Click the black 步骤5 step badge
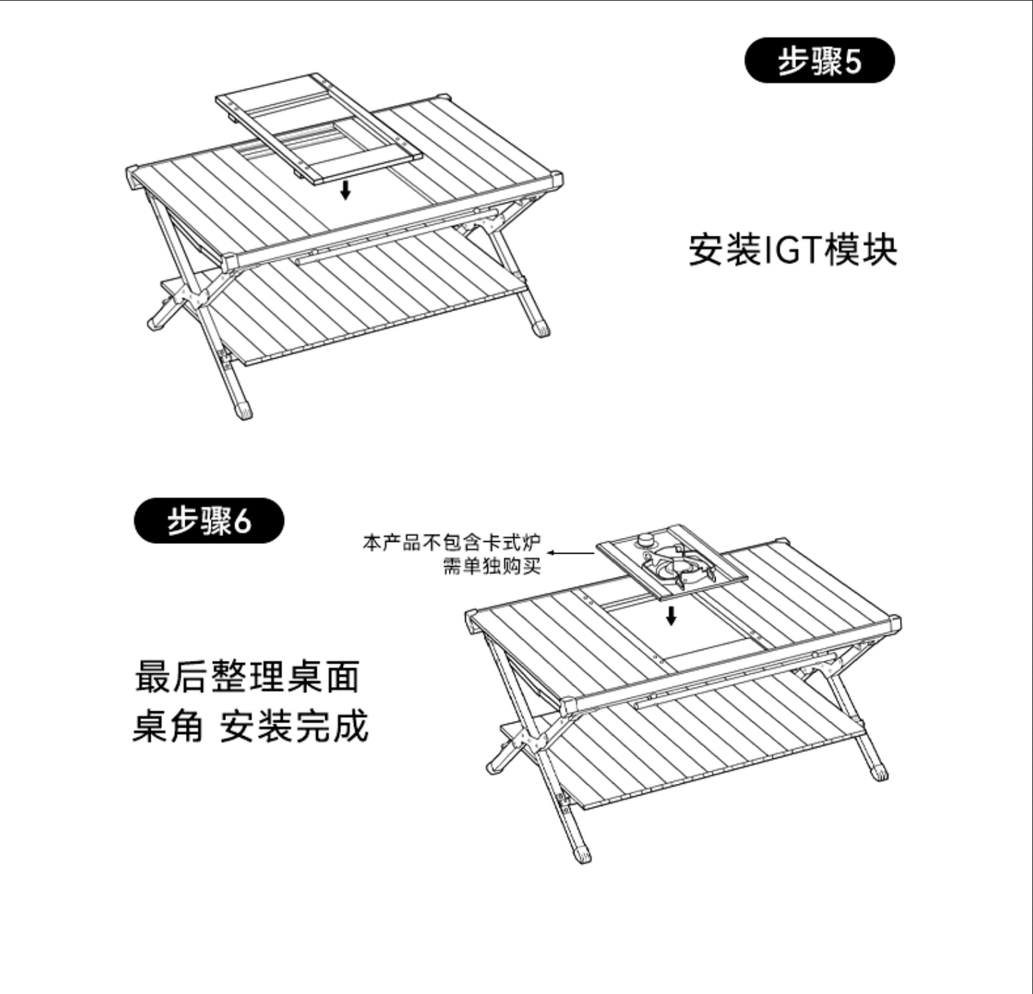coord(819,61)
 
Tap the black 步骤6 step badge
coord(209,521)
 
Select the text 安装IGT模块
coord(793,249)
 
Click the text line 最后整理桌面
coord(247,677)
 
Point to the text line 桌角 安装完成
coord(250,725)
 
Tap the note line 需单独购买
coord(492,566)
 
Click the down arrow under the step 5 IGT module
coord(345,190)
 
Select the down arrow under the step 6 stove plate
coord(671,616)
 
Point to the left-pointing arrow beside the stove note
coord(571,553)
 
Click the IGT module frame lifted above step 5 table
coord(319,129)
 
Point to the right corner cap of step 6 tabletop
coord(894,623)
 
